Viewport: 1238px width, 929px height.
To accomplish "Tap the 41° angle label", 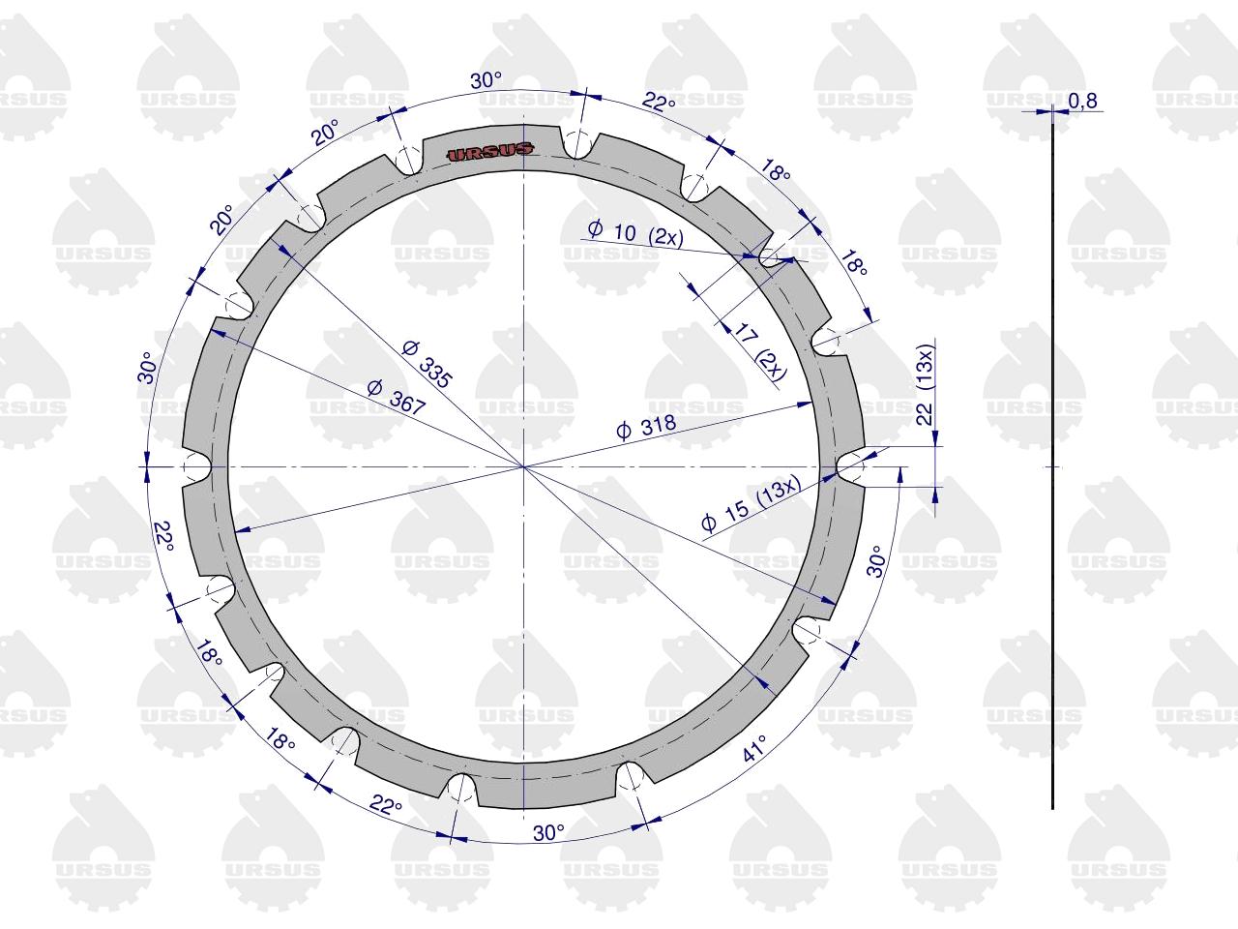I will (755, 747).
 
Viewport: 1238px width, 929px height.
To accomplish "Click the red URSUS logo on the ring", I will (490, 151).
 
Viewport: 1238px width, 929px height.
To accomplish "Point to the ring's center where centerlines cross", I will (523, 466).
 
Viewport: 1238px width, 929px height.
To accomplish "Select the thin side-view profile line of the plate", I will (1052, 464).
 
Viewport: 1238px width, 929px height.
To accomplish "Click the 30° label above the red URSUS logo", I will (486, 81).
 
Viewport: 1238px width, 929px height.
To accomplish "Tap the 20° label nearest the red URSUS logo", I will (326, 134).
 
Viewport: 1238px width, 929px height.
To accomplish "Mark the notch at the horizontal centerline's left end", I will (196, 466).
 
